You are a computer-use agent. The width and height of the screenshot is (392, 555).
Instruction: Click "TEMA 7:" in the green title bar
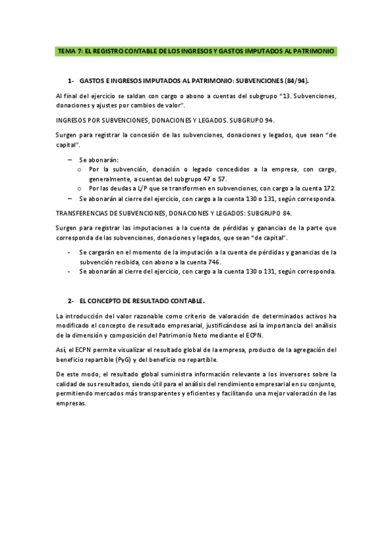pos(69,50)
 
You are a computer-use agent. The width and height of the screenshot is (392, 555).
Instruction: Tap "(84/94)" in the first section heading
pos(296,81)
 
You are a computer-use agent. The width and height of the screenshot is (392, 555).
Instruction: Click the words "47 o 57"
pos(203,178)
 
